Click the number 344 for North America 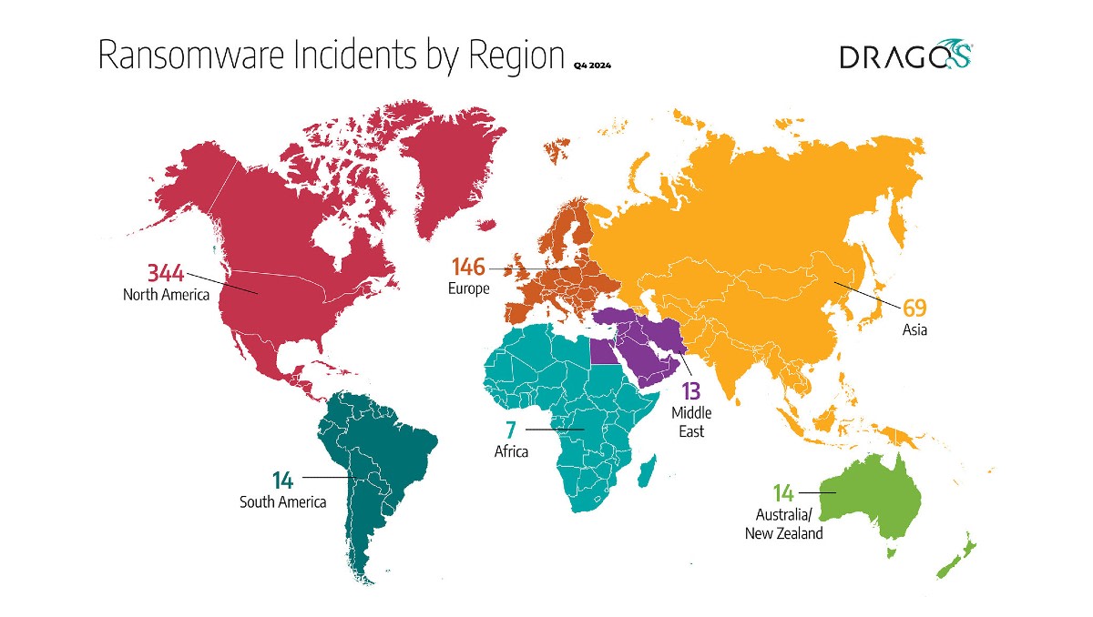click(166, 272)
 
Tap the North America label click(166, 295)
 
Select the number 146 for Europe click(468, 268)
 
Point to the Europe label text click(468, 289)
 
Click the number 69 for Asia click(914, 308)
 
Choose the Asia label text click(914, 330)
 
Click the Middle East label click(691, 422)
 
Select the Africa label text click(510, 451)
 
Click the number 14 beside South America click(284, 479)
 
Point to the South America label click(282, 501)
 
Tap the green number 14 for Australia click(783, 493)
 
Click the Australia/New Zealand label click(783, 524)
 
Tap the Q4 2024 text click(592, 66)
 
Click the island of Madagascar click(646, 473)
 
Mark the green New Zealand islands click(956, 557)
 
